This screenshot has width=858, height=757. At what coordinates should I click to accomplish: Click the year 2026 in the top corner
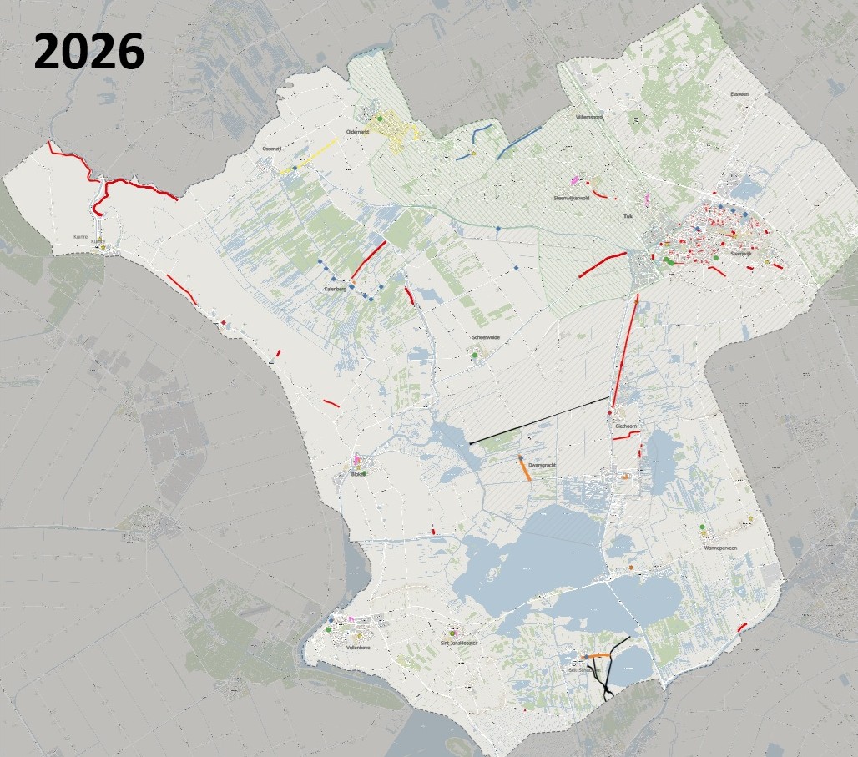coord(88,52)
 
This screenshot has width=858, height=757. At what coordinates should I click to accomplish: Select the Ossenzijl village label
coord(273,148)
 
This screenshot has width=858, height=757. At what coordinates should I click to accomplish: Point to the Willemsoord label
coord(589,118)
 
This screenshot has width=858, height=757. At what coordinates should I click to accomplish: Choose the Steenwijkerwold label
coord(572,199)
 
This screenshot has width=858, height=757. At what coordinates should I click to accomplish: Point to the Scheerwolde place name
coord(485,337)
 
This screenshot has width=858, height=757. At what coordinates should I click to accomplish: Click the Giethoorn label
coord(626,426)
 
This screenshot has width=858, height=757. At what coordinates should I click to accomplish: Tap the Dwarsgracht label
coord(543,465)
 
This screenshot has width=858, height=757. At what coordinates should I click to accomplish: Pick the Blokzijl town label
coord(359,475)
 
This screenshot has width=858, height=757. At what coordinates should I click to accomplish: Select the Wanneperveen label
coord(723,549)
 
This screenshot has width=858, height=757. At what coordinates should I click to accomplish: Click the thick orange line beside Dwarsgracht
coord(525,468)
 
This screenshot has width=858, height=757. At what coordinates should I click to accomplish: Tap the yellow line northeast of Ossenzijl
coord(310,155)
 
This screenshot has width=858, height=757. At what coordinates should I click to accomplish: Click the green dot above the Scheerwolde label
coord(474,356)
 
